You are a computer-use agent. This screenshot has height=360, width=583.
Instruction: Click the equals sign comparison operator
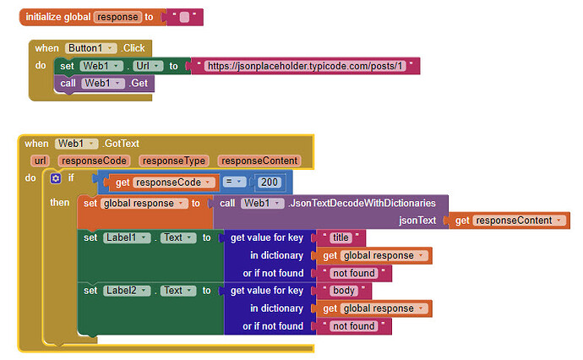[234, 181]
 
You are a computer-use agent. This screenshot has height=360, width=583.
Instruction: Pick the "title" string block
[343, 238]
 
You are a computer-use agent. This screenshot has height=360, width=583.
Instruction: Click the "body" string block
[343, 291]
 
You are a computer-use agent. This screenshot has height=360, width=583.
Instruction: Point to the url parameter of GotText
[40, 161]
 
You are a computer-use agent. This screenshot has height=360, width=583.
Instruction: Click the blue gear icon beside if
[56, 178]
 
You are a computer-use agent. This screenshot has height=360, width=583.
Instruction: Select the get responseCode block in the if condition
[161, 181]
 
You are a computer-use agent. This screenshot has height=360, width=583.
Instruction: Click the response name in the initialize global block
[117, 17]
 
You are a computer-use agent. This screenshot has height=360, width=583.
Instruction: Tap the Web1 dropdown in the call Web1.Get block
[104, 83]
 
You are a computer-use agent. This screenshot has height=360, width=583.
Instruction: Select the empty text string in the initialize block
[185, 17]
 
